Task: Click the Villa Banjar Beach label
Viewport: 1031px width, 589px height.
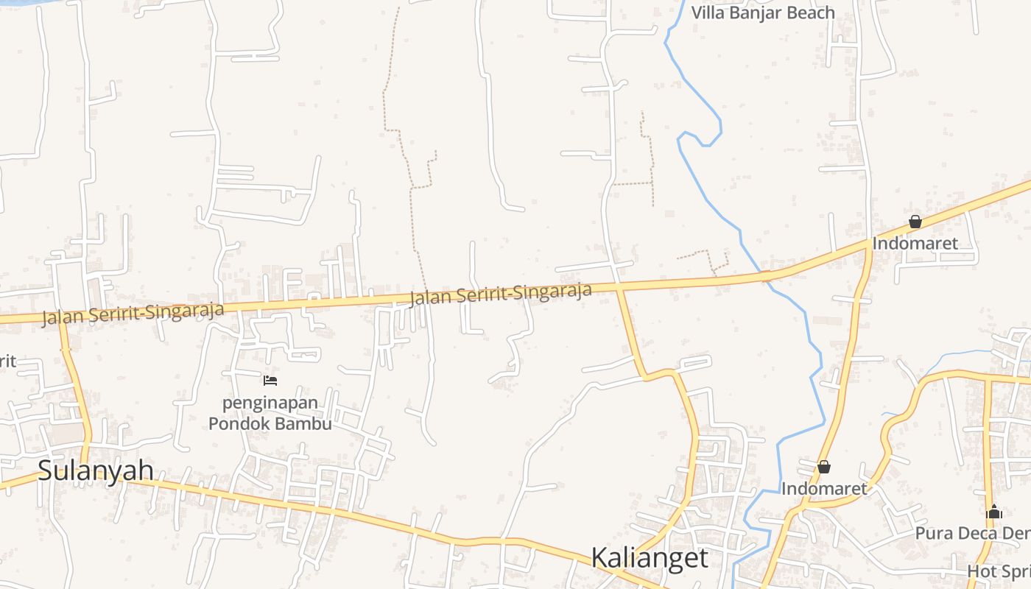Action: click(x=763, y=13)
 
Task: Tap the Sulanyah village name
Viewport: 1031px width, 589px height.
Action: click(x=96, y=470)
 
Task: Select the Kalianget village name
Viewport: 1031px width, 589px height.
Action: click(x=650, y=558)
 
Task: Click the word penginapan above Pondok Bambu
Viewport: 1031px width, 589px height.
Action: click(x=271, y=403)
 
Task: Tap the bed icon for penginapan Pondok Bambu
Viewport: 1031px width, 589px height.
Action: click(x=270, y=381)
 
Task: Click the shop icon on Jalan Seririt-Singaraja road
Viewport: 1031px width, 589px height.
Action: click(x=915, y=222)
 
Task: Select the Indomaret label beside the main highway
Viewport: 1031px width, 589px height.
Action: click(x=915, y=243)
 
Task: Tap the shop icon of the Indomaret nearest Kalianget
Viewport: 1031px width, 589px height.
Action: click(x=824, y=467)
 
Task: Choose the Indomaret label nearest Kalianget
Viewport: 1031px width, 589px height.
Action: click(x=824, y=488)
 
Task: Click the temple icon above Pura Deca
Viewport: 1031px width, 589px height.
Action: click(x=994, y=512)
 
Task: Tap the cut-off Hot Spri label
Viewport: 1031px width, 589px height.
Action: click(x=998, y=571)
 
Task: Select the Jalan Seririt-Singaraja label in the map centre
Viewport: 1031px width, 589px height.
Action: click(x=501, y=294)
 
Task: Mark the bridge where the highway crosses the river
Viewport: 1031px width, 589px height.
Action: click(x=766, y=276)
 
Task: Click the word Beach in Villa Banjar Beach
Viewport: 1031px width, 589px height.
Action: click(x=809, y=13)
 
